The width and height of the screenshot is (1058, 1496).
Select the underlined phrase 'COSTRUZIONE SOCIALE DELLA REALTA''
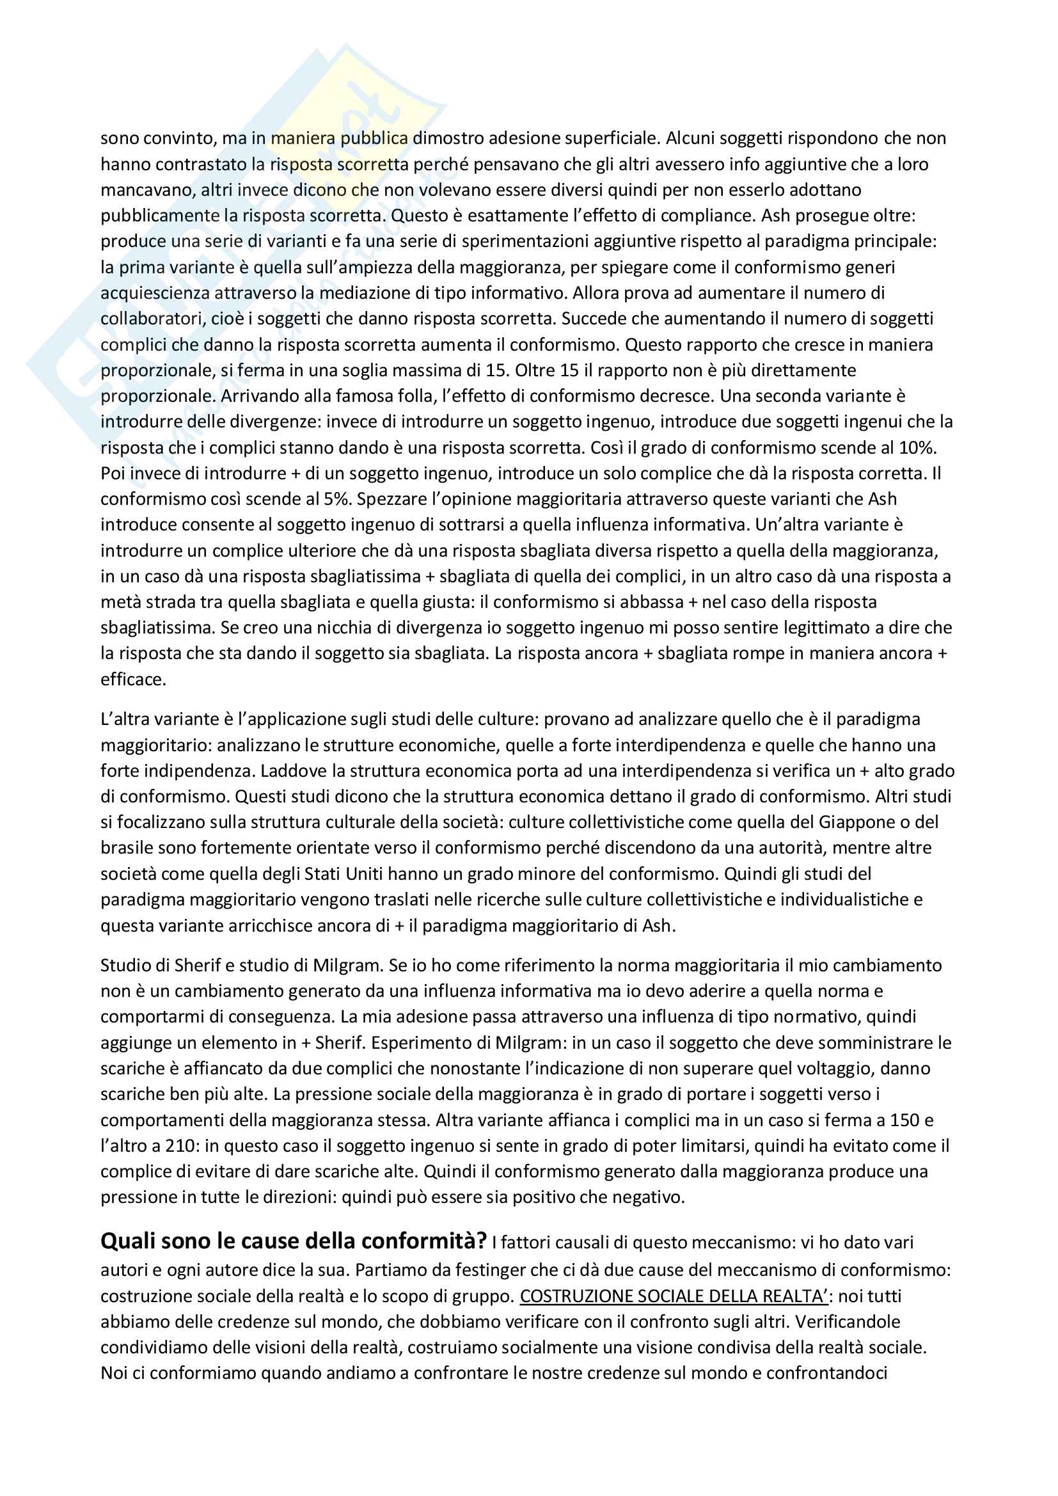[x=674, y=1296]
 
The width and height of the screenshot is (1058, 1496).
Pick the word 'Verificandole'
[x=848, y=1322]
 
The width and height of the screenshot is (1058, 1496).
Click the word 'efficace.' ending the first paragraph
[x=133, y=680]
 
